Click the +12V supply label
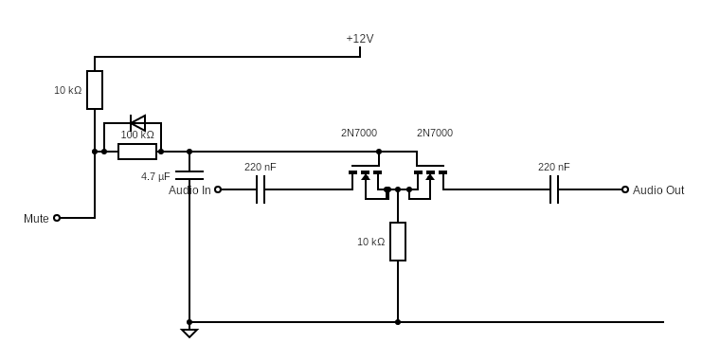(360, 39)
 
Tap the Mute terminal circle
(57, 218)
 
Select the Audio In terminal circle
(218, 189)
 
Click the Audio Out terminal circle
(625, 189)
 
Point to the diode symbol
(137, 123)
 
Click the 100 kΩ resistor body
(137, 152)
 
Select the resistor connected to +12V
(95, 90)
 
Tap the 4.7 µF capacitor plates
(189, 175)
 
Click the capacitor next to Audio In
(261, 189)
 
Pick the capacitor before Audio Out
(554, 189)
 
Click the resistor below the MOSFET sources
(398, 242)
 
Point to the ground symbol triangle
(189, 333)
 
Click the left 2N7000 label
(359, 134)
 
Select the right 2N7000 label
(435, 134)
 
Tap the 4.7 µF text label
(155, 177)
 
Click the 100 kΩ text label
(137, 135)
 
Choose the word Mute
(36, 219)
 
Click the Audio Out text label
(658, 190)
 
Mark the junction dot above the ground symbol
(189, 322)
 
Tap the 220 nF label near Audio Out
(554, 167)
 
